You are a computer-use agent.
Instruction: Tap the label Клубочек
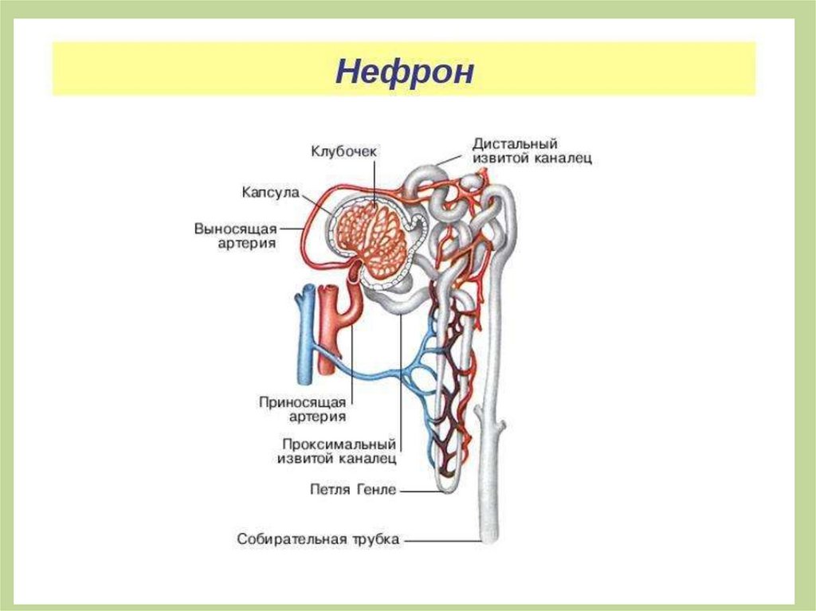tap(342, 151)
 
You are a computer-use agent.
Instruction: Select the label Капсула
tap(269, 193)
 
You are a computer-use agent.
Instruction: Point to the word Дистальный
tap(513, 144)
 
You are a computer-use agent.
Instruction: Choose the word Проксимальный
tap(339, 443)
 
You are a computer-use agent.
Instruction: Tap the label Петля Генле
tap(352, 490)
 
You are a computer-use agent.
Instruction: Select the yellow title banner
tap(404, 70)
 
